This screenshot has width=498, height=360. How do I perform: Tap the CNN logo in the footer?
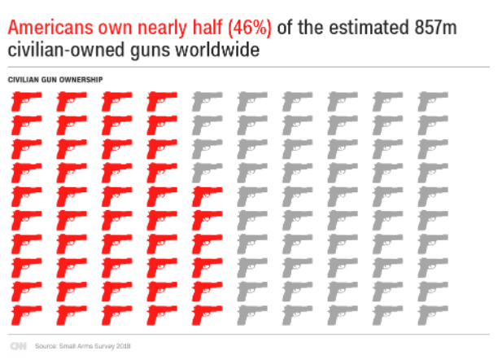pos(18,346)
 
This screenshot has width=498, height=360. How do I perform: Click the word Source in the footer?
pos(46,346)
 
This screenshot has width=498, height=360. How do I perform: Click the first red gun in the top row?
pos(24,101)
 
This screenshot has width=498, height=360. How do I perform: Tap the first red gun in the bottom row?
pos(24,313)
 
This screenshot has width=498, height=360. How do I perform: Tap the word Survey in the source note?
pos(101,346)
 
